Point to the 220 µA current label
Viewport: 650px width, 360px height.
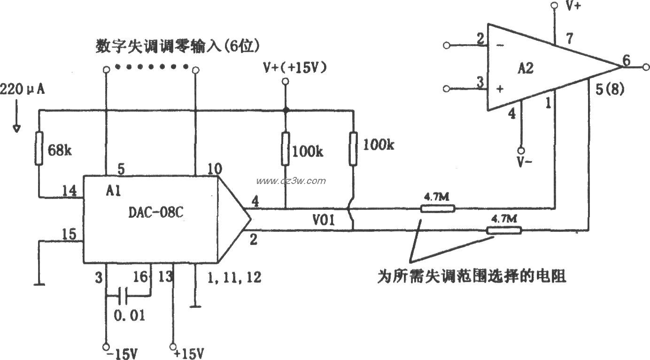tap(23, 89)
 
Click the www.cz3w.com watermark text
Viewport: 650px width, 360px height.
tap(291, 181)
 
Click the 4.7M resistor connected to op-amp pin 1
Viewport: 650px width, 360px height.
tap(437, 208)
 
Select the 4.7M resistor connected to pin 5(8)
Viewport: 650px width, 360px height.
tap(503, 230)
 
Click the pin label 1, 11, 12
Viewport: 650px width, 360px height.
tap(233, 278)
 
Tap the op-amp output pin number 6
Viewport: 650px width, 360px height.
tap(626, 60)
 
